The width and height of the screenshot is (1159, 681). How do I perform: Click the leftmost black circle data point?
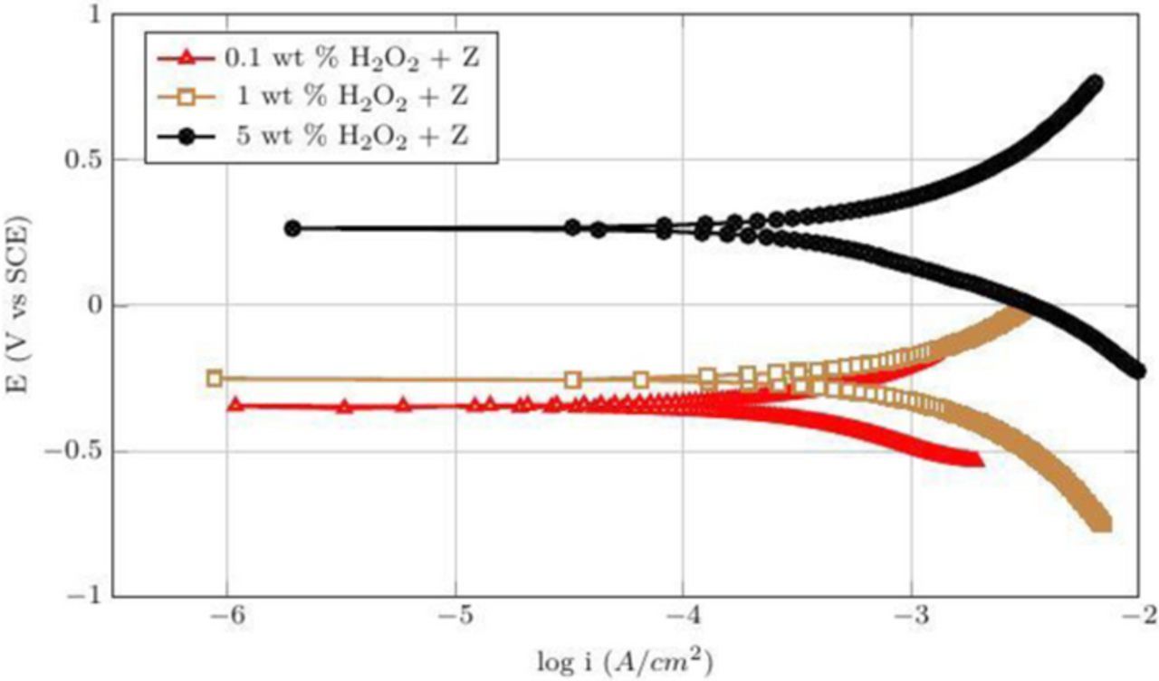click(x=292, y=229)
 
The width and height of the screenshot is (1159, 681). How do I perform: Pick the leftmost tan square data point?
click(x=215, y=379)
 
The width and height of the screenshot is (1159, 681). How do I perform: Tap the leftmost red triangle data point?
click(x=235, y=405)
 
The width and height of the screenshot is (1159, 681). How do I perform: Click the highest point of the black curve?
click(x=1095, y=83)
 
